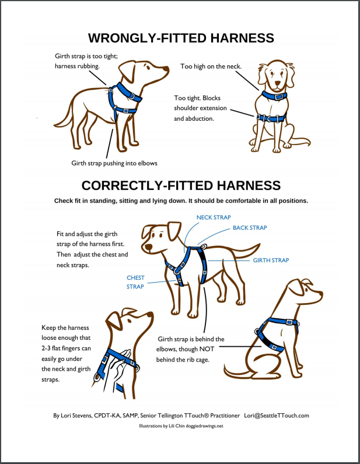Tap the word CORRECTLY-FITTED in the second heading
coord(147,185)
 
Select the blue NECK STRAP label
coord(214,217)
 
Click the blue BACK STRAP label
coord(250,227)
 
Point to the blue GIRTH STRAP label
coord(271,260)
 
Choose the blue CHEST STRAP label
coord(135,282)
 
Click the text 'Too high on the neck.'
coord(211,66)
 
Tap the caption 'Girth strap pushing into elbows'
coord(114,163)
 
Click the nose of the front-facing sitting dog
coord(277,83)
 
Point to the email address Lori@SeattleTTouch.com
coord(277,416)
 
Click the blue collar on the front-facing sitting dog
coord(274,96)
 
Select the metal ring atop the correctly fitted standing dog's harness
coord(203,247)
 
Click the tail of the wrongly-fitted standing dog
coord(64,118)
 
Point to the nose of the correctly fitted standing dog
coord(148,247)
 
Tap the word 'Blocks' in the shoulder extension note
coord(211,98)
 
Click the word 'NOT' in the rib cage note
coord(207,349)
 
